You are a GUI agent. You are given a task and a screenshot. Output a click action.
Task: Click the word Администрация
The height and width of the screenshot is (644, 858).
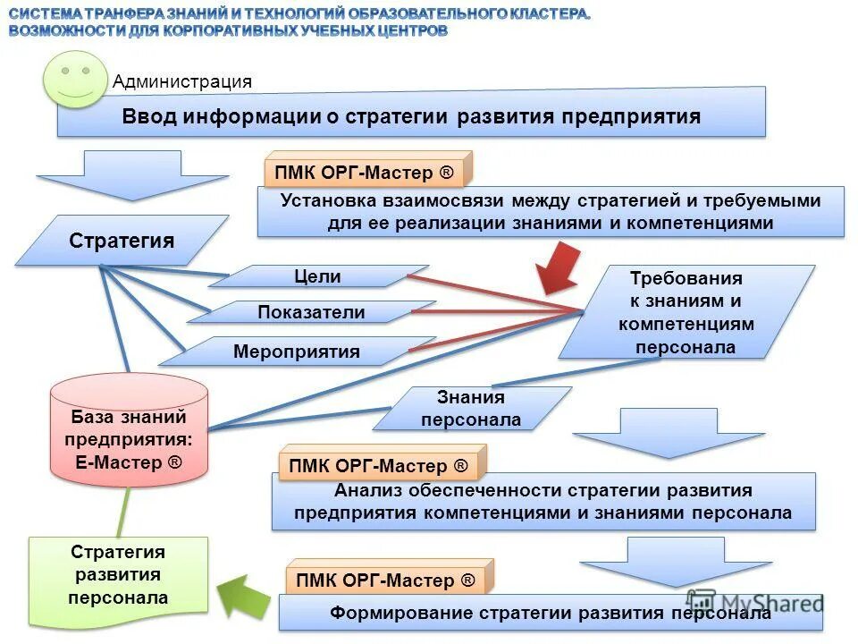(182, 81)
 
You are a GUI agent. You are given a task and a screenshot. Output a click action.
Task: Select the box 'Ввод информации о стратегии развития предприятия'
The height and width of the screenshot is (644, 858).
(411, 116)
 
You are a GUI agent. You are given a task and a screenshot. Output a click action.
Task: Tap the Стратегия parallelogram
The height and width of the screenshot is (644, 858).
(122, 241)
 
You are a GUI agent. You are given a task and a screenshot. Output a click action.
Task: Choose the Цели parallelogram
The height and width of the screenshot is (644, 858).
(317, 276)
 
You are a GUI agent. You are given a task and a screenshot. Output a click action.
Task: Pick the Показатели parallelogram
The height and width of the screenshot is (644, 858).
(311, 312)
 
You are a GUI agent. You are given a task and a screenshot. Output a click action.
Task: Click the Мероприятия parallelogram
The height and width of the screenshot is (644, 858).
(297, 352)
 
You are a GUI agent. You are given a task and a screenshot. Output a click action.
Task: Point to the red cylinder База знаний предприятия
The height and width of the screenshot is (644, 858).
(129, 430)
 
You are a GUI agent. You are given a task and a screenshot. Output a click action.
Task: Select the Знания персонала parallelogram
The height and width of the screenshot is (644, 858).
(471, 409)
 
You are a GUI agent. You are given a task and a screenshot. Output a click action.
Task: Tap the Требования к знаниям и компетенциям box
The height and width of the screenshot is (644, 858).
(686, 312)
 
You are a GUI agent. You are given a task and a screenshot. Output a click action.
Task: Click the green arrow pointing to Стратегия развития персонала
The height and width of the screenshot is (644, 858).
(244, 594)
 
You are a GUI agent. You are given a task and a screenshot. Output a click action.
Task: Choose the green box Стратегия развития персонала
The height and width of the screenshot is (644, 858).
(118, 580)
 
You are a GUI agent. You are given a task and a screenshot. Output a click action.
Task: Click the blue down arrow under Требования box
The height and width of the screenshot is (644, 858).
(669, 432)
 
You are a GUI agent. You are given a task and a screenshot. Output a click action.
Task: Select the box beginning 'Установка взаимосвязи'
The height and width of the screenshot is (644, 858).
(551, 213)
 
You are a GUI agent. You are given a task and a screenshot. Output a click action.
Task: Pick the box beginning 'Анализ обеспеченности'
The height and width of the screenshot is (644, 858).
(543, 503)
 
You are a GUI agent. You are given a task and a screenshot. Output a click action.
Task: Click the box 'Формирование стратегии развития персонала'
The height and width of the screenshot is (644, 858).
(551, 614)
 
